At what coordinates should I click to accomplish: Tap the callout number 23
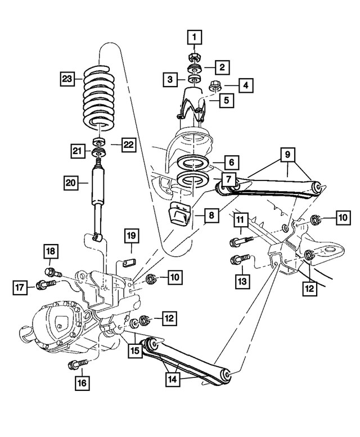68,79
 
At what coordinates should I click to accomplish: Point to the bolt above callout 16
77,364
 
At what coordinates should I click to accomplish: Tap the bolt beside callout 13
239,260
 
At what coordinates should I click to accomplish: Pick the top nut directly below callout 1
194,57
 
